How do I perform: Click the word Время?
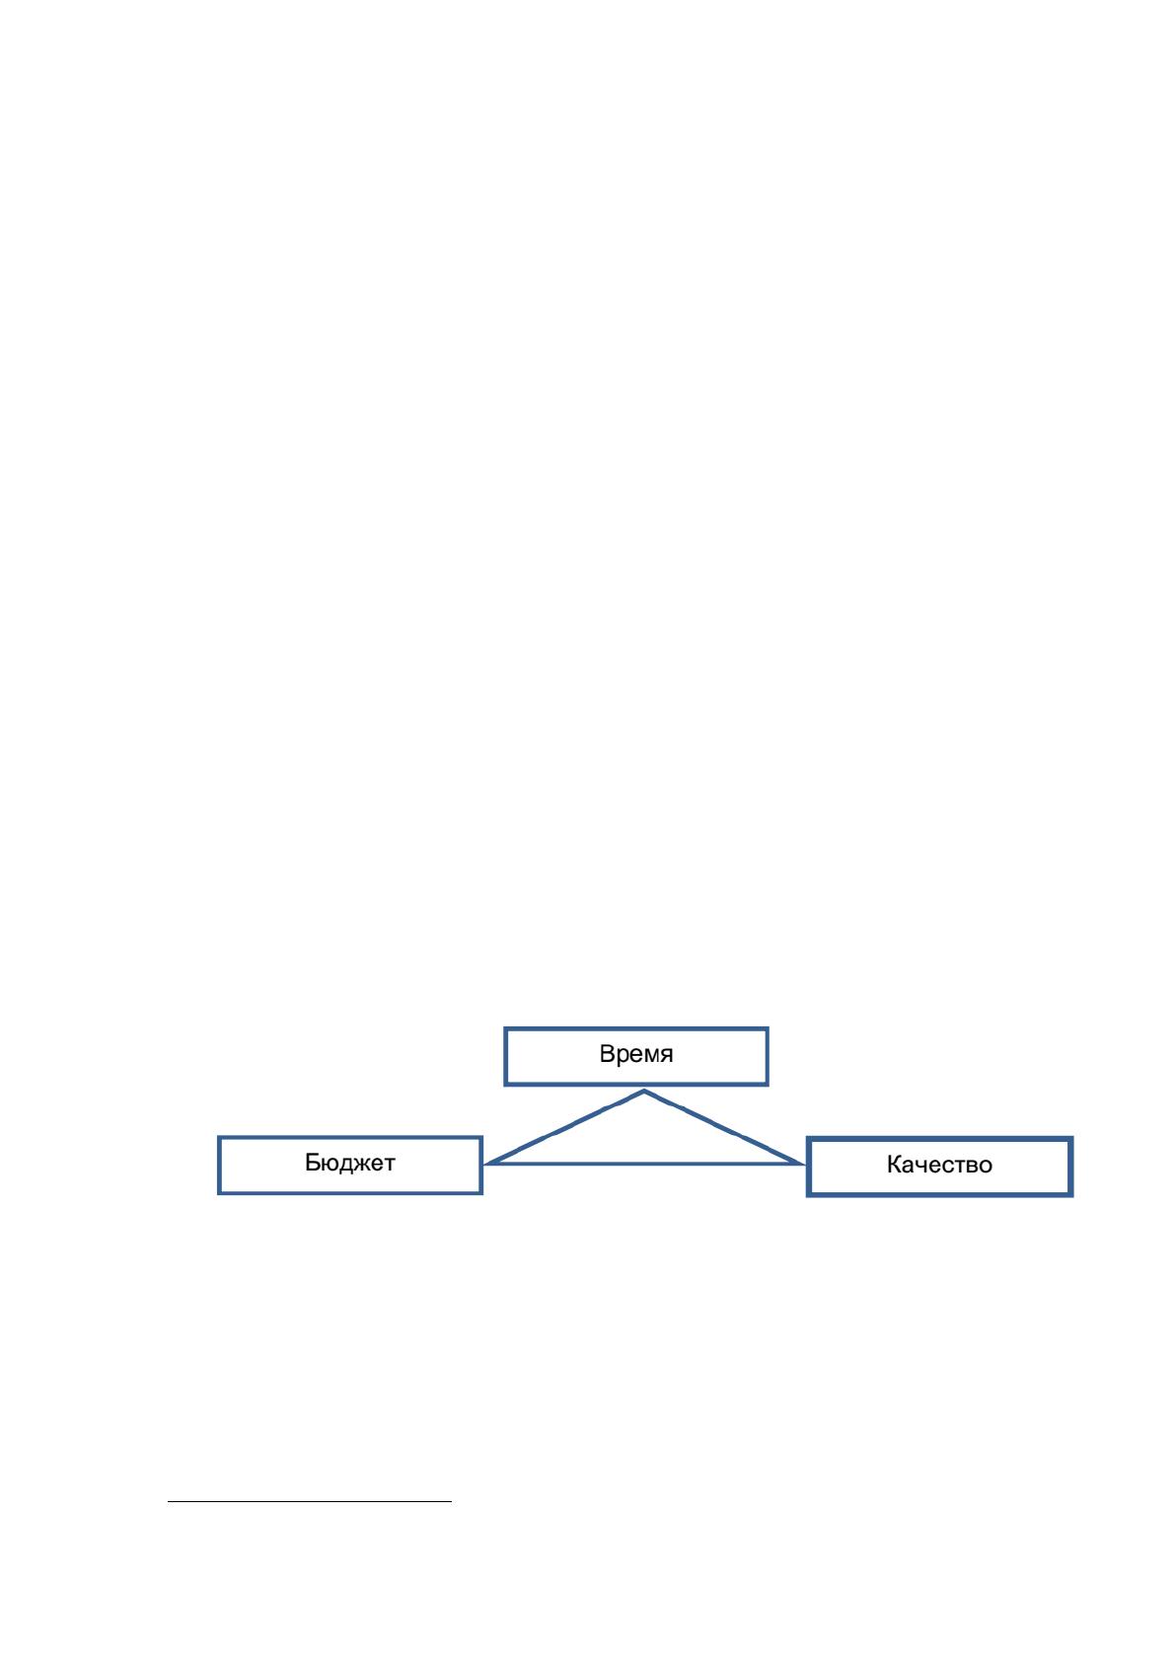pos(635,1054)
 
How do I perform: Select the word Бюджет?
pos(349,1162)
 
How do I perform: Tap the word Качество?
pos(939,1165)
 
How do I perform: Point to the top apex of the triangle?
pos(644,1091)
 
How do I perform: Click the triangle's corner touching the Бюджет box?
pos(485,1164)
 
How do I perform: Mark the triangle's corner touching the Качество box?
pos(803,1164)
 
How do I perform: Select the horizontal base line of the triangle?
pos(644,1164)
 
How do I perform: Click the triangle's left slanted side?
pos(564,1127)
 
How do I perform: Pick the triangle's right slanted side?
pos(724,1127)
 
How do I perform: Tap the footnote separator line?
pos(310,1502)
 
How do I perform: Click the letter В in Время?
pos(607,1054)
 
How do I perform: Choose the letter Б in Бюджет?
pos(313,1162)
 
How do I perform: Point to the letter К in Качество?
pos(895,1165)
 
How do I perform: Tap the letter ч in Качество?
pos(923,1167)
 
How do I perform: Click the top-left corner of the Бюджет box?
pos(219,1137)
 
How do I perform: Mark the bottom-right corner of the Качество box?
pos(1071,1194)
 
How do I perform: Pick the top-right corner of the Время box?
pos(767,1029)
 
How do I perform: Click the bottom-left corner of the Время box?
pos(506,1084)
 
